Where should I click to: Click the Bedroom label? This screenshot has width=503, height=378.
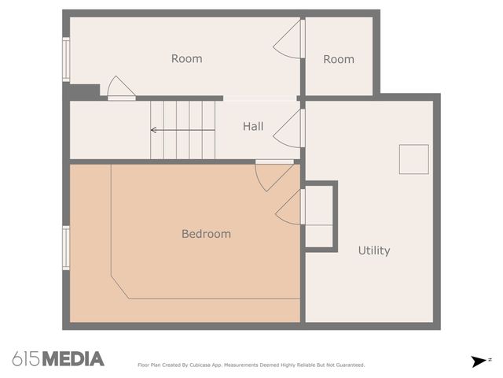[206, 234]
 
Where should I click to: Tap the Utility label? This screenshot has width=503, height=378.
[374, 250]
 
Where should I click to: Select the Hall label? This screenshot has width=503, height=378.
[253, 126]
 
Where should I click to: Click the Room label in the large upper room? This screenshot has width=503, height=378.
[187, 58]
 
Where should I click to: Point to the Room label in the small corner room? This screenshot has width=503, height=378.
[339, 59]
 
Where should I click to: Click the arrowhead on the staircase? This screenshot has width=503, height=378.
[154, 130]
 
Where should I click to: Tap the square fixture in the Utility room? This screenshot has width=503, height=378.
[414, 159]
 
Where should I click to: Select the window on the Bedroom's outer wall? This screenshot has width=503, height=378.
[66, 248]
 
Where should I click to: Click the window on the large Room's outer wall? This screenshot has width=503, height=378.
[66, 60]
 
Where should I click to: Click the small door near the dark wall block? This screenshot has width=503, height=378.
[121, 88]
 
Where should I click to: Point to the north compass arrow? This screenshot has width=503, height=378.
[479, 361]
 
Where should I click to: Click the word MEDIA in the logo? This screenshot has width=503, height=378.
[73, 359]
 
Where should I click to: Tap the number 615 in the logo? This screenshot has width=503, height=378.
[27, 359]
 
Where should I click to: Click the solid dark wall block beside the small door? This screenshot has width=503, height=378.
[83, 92]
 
